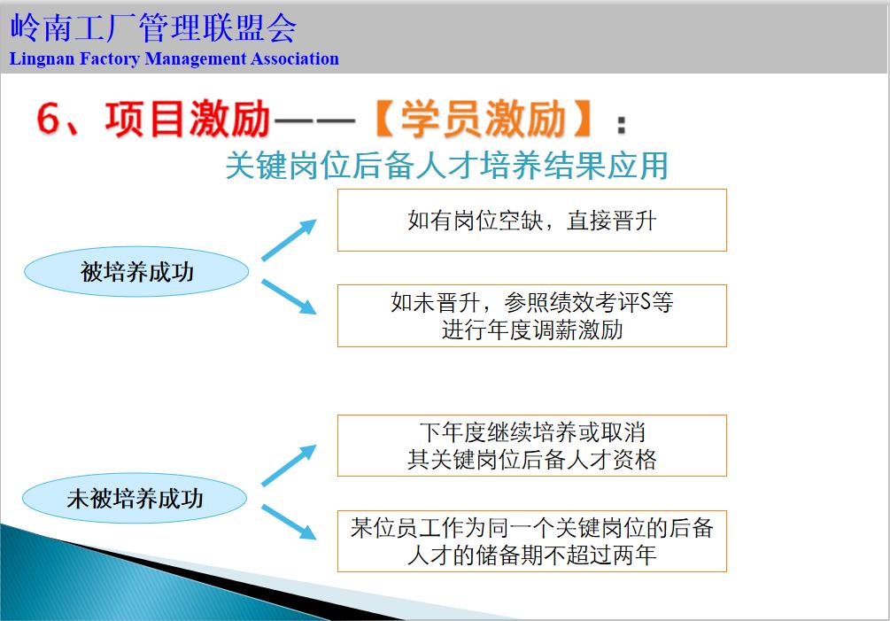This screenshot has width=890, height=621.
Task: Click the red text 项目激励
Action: [187, 120]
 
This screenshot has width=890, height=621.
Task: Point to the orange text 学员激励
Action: [483, 120]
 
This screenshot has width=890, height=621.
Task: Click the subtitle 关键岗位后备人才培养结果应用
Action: [446, 166]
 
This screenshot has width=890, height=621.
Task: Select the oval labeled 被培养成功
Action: [136, 272]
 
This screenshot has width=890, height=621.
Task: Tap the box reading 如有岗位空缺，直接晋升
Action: [531, 221]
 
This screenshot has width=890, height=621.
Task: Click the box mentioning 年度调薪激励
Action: [531, 315]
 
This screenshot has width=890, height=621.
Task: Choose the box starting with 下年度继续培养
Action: [531, 446]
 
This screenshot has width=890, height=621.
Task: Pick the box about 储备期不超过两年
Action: [531, 541]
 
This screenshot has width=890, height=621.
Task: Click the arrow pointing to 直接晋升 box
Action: [289, 240]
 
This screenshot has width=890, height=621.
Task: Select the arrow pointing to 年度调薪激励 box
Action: [289, 297]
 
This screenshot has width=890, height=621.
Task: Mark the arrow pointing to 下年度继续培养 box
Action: [289, 466]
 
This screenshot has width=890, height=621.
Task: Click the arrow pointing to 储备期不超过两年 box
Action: [289, 522]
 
